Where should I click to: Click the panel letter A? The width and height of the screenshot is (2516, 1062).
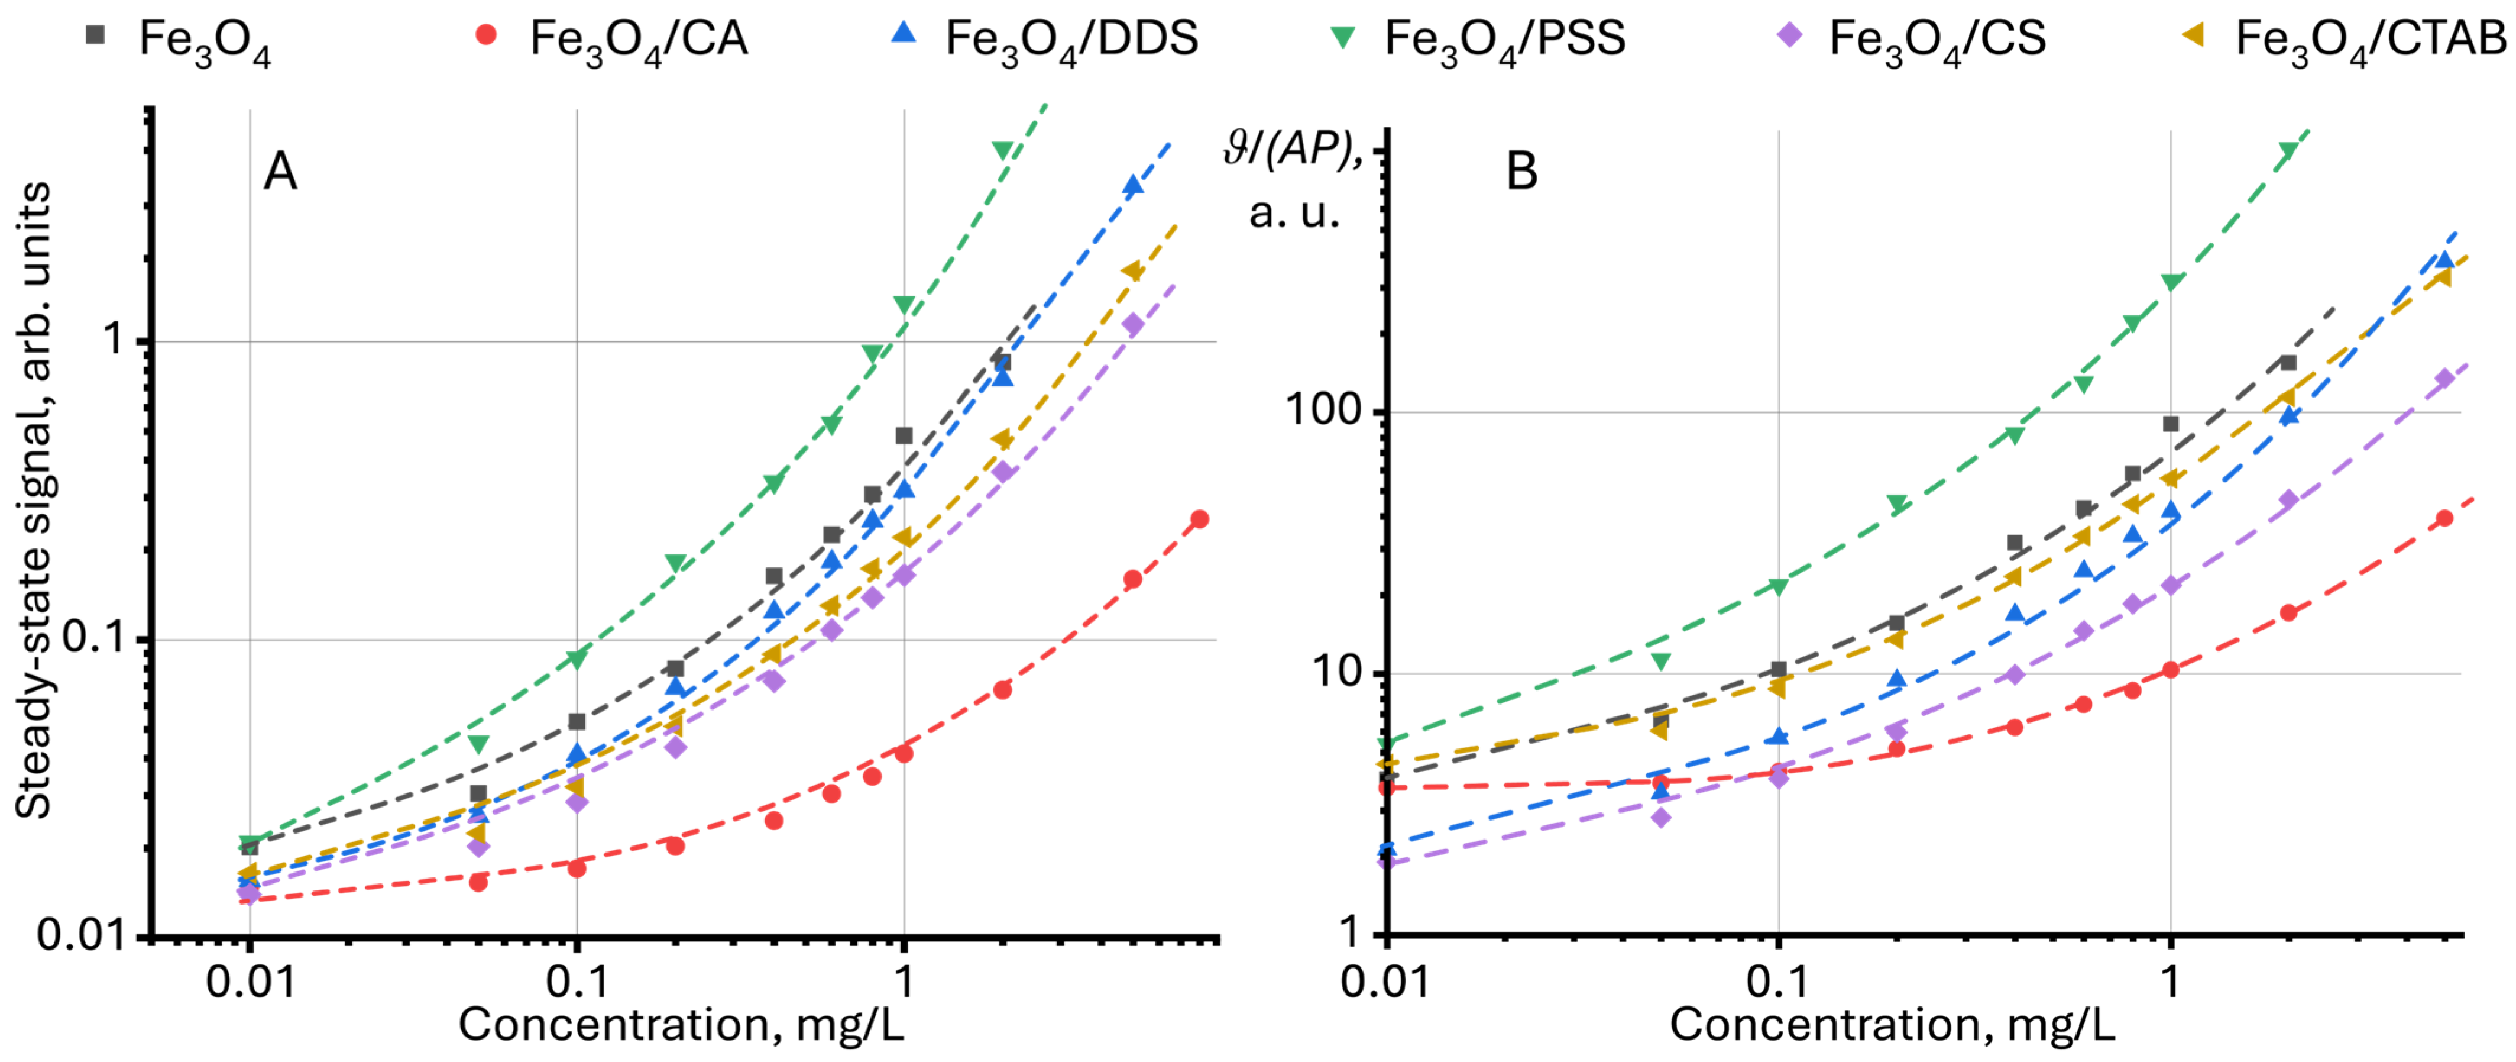click(x=280, y=172)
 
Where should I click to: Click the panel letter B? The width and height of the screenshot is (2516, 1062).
click(x=1521, y=172)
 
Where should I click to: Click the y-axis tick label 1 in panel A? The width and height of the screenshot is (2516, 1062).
click(x=114, y=340)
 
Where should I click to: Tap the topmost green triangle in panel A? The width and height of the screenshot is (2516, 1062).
click(x=1002, y=150)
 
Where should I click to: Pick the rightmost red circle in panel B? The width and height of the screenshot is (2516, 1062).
click(x=2444, y=518)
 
